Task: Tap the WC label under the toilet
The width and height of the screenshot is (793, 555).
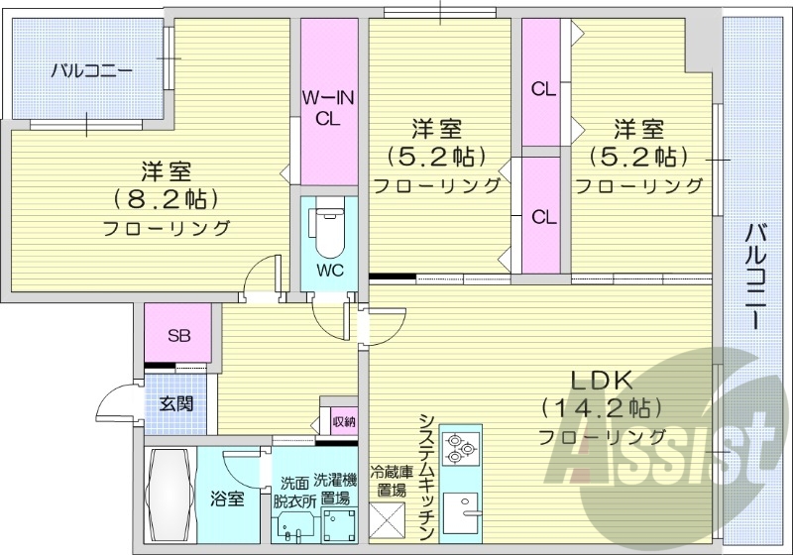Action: (x=329, y=269)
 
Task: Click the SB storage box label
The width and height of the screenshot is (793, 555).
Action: (x=178, y=335)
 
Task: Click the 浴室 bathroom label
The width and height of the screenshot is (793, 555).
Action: (x=227, y=499)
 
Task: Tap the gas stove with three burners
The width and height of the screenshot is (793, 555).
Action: (x=460, y=447)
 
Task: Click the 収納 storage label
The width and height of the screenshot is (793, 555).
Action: (x=343, y=421)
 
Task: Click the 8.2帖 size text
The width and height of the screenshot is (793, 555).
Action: (x=167, y=198)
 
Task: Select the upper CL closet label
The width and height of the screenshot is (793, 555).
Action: (x=542, y=90)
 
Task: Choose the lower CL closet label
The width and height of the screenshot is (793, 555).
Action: (x=542, y=216)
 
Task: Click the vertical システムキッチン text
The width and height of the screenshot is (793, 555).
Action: (x=426, y=476)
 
